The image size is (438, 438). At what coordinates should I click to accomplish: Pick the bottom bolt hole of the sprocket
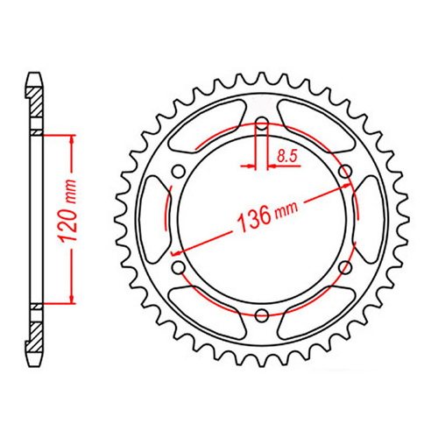point(261,314)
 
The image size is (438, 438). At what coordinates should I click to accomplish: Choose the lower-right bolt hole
point(344,265)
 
